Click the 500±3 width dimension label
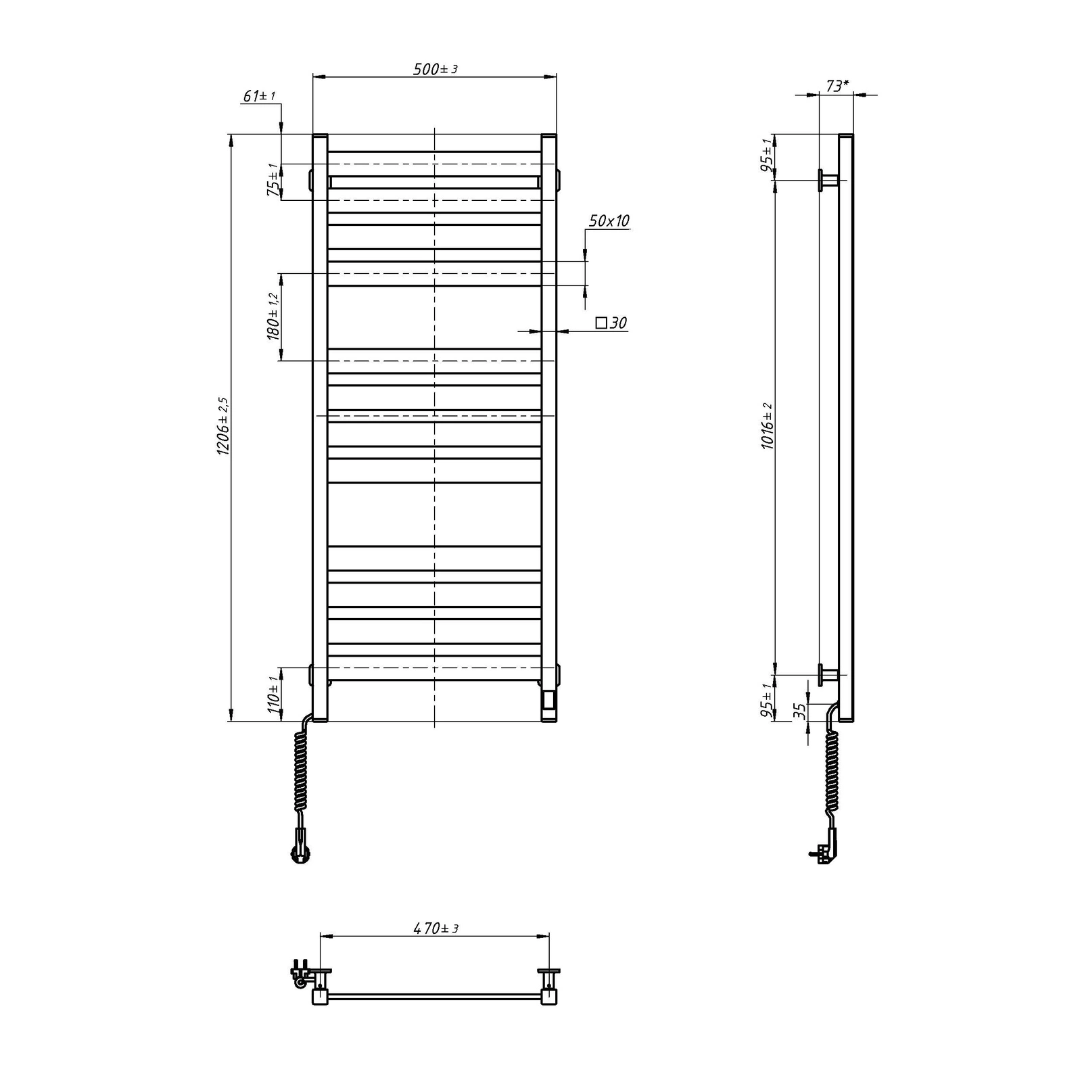[x=436, y=69]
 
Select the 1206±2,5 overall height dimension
[x=224, y=425]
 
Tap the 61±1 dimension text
[x=259, y=96]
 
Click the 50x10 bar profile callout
[x=609, y=220]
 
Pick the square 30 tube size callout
[x=611, y=323]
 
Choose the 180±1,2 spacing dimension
[x=273, y=316]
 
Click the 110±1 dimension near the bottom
[x=273, y=694]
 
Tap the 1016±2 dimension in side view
[x=767, y=427]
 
